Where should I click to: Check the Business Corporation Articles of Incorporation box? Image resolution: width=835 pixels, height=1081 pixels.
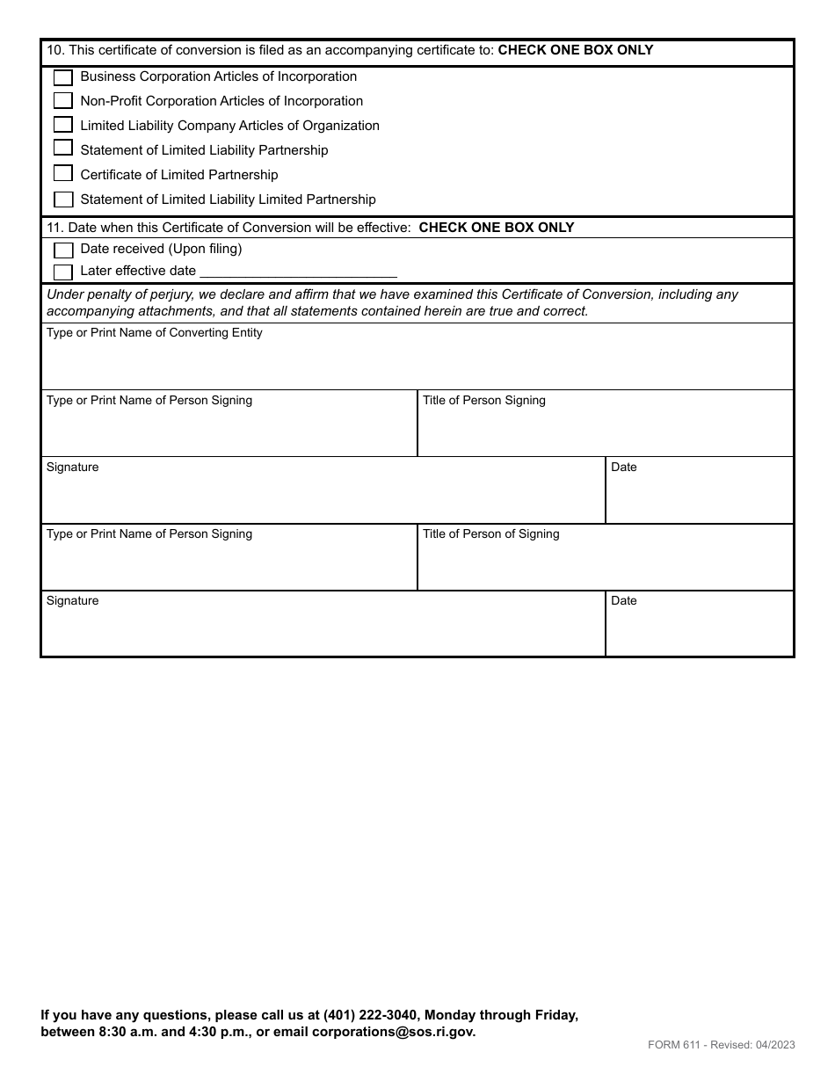[63, 77]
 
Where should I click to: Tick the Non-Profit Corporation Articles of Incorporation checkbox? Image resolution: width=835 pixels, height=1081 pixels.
[63, 101]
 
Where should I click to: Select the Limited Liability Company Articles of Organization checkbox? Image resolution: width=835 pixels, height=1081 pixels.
[63, 125]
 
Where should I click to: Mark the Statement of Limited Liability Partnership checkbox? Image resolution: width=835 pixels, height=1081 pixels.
[63, 149]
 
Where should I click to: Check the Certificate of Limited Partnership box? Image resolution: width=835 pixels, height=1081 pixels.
[63, 173]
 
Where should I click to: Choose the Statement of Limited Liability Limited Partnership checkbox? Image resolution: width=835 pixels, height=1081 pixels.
[63, 200]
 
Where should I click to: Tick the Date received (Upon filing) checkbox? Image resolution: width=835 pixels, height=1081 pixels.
[63, 250]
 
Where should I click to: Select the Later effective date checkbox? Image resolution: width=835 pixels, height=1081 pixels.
[63, 272]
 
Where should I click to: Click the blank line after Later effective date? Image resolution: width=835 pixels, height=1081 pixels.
[299, 272]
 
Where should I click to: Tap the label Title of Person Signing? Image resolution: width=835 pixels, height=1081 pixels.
[484, 401]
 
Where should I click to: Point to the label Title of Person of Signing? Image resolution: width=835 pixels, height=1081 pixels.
[491, 534]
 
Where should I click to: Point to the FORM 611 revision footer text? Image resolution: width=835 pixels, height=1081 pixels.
[722, 1045]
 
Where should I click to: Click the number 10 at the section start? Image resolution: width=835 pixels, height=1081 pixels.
[54, 51]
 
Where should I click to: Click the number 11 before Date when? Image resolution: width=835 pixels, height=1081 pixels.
[54, 228]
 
